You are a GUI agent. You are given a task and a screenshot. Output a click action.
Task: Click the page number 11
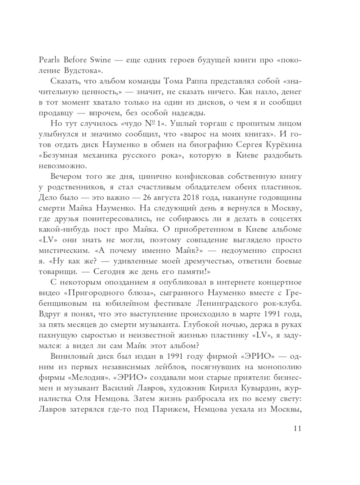coord(297,428)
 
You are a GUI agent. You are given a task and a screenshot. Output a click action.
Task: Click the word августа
coord(167,198)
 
